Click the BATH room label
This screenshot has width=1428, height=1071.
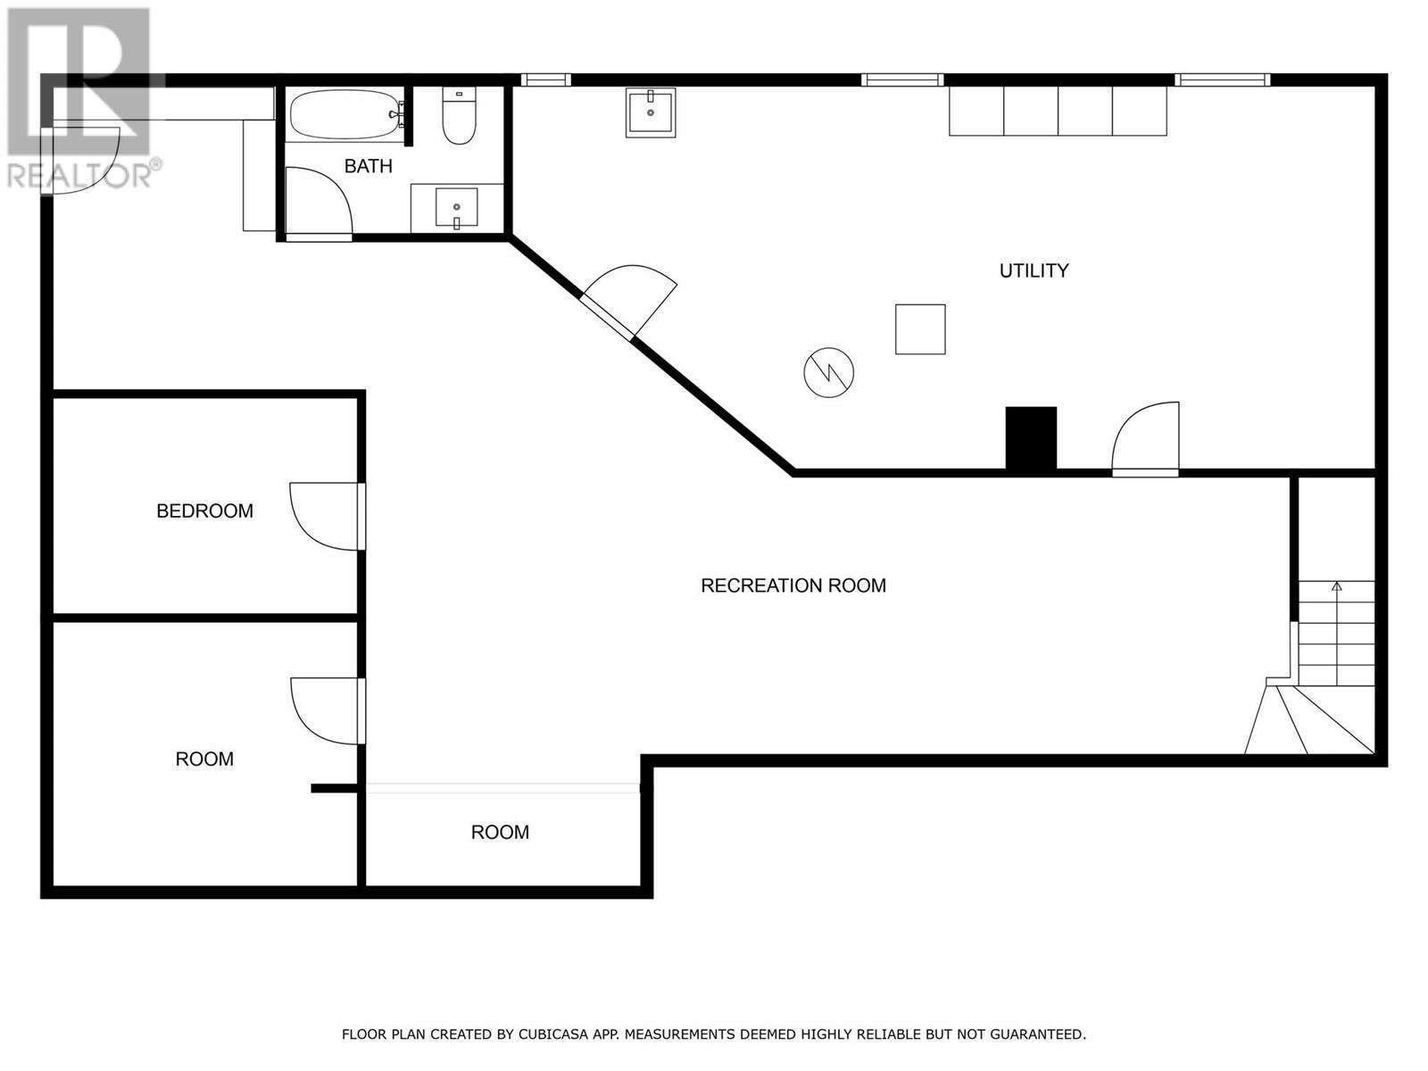click(368, 166)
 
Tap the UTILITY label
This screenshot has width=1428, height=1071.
click(1034, 270)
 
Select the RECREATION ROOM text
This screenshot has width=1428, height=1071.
click(793, 585)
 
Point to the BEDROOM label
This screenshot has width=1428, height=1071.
click(204, 511)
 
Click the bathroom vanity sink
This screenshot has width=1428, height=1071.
click(456, 208)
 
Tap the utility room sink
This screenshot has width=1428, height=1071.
click(650, 112)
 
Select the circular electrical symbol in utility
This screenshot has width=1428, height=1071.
click(828, 372)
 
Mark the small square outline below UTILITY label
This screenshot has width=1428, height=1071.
click(920, 329)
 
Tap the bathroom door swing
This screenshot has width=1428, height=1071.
click(319, 202)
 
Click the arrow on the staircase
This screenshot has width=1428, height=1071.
click(1336, 586)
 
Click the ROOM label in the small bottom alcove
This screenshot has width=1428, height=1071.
click(500, 832)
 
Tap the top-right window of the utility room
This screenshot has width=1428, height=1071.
click(1222, 80)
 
